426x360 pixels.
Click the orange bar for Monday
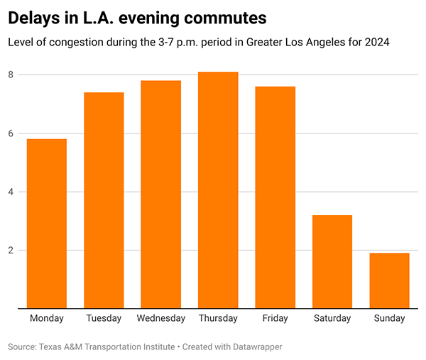click(47, 224)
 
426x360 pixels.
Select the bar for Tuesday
click(104, 200)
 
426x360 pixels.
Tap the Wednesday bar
click(161, 195)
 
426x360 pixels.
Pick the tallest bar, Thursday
click(218, 190)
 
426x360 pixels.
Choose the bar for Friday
click(275, 197)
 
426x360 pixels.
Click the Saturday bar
click(332, 262)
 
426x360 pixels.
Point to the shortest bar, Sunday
click(389, 280)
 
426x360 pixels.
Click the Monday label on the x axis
click(47, 318)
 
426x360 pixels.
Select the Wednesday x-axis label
click(161, 318)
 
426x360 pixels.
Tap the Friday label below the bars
click(275, 318)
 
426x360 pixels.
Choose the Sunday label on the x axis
click(389, 318)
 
